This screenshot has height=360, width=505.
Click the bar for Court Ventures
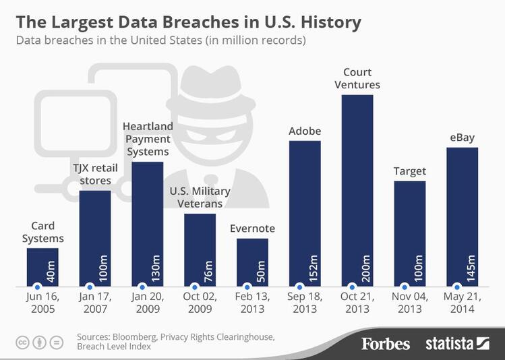(x=357, y=189)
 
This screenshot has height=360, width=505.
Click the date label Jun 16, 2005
(x=42, y=303)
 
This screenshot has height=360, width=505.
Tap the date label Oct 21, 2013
(x=357, y=303)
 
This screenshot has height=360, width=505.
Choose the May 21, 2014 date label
(x=463, y=303)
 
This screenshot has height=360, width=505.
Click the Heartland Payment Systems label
(x=148, y=139)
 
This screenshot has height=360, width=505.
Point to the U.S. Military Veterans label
(x=200, y=198)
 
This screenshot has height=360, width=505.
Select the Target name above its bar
(x=409, y=171)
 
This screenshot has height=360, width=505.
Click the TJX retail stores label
(x=95, y=175)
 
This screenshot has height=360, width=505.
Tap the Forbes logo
(x=385, y=344)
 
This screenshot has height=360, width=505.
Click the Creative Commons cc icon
(x=23, y=342)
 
